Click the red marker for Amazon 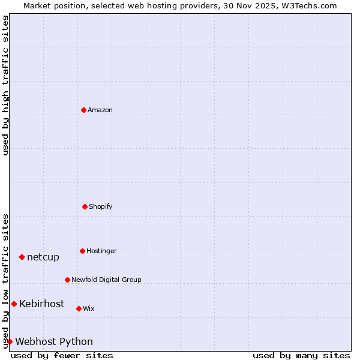click(83, 110)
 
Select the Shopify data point click(85, 206)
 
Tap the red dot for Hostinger click(82, 251)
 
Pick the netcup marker click(22, 257)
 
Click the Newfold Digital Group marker click(67, 280)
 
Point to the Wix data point click(79, 308)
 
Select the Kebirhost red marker click(14, 304)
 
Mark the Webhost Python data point click(10, 341)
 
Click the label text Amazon click(100, 110)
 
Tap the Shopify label click(101, 206)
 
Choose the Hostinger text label click(101, 251)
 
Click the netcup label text click(43, 257)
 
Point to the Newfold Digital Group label click(106, 280)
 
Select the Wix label click(89, 308)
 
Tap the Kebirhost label click(41, 304)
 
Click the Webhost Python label click(54, 341)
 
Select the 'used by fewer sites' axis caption click(62, 355)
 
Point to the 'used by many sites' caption click(301, 355)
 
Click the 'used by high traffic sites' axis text click(5, 85)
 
